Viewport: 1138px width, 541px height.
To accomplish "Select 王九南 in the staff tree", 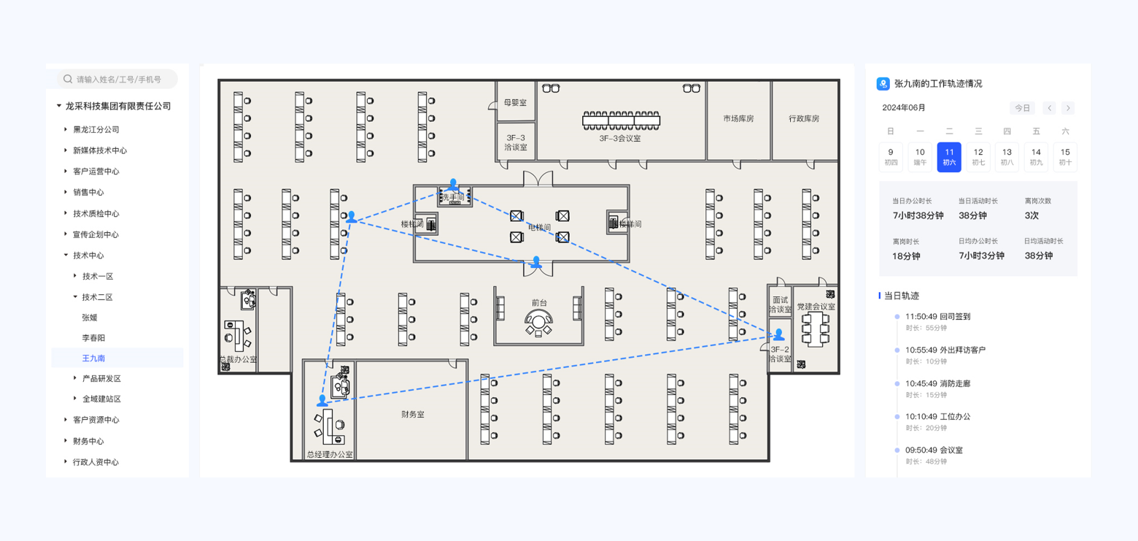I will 93,358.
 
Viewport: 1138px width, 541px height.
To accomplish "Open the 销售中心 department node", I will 88,192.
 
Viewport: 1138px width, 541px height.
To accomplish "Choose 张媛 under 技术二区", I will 90,318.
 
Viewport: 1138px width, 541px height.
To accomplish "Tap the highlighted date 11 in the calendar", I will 949,157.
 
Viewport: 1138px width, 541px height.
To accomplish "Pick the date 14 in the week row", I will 1036,157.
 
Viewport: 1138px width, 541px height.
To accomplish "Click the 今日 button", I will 1023,108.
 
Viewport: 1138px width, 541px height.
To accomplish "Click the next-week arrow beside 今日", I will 1068,108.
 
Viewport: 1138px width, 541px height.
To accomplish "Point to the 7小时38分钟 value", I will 918,215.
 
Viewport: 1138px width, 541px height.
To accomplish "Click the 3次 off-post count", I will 1031,215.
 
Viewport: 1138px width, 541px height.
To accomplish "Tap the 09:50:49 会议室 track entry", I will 934,450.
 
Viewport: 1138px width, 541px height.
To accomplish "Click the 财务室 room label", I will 412,414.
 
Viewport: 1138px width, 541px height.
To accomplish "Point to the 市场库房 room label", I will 738,118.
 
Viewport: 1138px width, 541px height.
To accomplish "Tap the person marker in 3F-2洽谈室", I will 779,334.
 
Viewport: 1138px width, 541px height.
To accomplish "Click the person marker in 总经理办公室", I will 322,400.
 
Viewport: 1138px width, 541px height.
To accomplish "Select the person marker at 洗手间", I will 453,185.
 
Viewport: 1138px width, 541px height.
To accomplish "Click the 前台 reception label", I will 539,302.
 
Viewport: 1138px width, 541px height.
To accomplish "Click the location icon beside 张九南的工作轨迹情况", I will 883,84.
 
